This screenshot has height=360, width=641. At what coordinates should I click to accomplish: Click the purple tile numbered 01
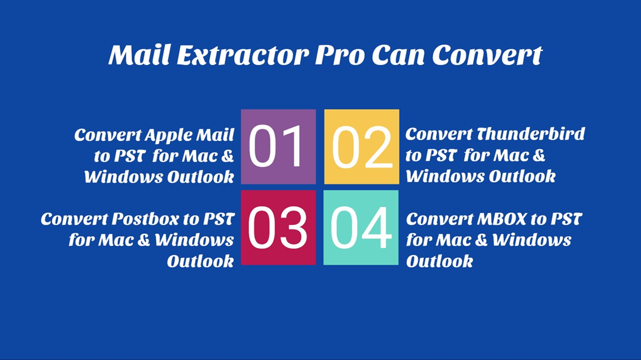[278, 147]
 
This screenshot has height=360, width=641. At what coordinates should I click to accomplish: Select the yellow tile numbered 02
[362, 147]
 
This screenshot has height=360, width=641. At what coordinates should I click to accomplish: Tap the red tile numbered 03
[278, 228]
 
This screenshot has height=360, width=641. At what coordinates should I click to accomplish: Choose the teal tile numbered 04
[361, 228]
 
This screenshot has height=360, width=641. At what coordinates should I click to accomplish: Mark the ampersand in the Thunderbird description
[538, 156]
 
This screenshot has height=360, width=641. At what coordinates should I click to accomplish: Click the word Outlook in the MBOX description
[439, 262]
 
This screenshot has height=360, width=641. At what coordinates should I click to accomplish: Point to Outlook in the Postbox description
[201, 262]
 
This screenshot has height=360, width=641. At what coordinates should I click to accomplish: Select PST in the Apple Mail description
[129, 156]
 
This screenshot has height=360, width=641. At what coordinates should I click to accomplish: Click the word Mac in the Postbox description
[119, 240]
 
